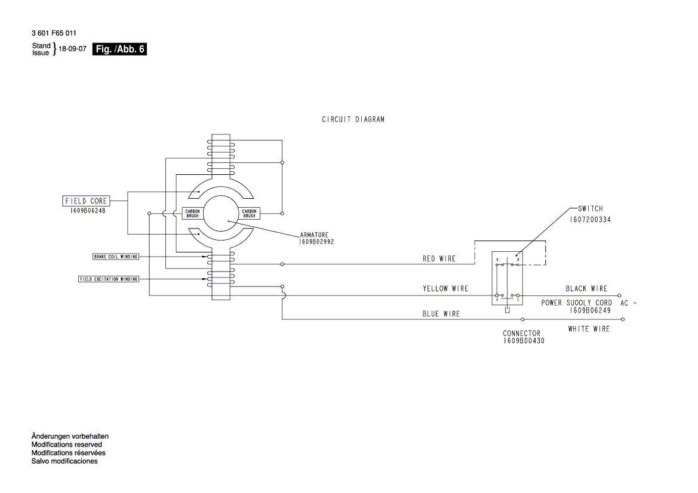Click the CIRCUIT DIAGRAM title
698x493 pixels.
coord(353,119)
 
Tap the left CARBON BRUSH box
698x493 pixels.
coord(192,213)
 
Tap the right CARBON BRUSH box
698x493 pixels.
coord(249,213)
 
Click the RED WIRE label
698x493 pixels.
coord(439,259)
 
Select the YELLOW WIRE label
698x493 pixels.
coord(445,289)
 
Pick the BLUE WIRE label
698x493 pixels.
coord(441,314)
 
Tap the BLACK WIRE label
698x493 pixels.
coord(586,289)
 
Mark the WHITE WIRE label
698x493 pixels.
coord(588,329)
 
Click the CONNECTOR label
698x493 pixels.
coord(521,334)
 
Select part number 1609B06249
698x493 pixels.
coord(589,310)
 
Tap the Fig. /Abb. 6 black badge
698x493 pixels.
coord(119,50)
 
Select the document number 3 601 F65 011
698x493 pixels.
coord(54,33)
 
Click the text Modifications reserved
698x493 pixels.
coord(66,445)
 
